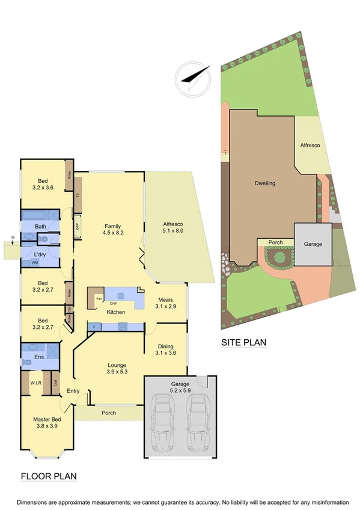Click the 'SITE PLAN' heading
pos(243,343)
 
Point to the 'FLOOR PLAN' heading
pos(49,476)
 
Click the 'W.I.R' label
pos(34,382)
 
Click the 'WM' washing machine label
pos(35,263)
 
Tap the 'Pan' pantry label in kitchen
pos(97,297)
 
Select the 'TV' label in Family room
pos(77,195)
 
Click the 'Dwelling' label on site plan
pos(264,183)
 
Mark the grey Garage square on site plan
pos(312,244)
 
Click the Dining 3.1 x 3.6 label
pos(166,350)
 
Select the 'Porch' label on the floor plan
pos(109,413)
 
